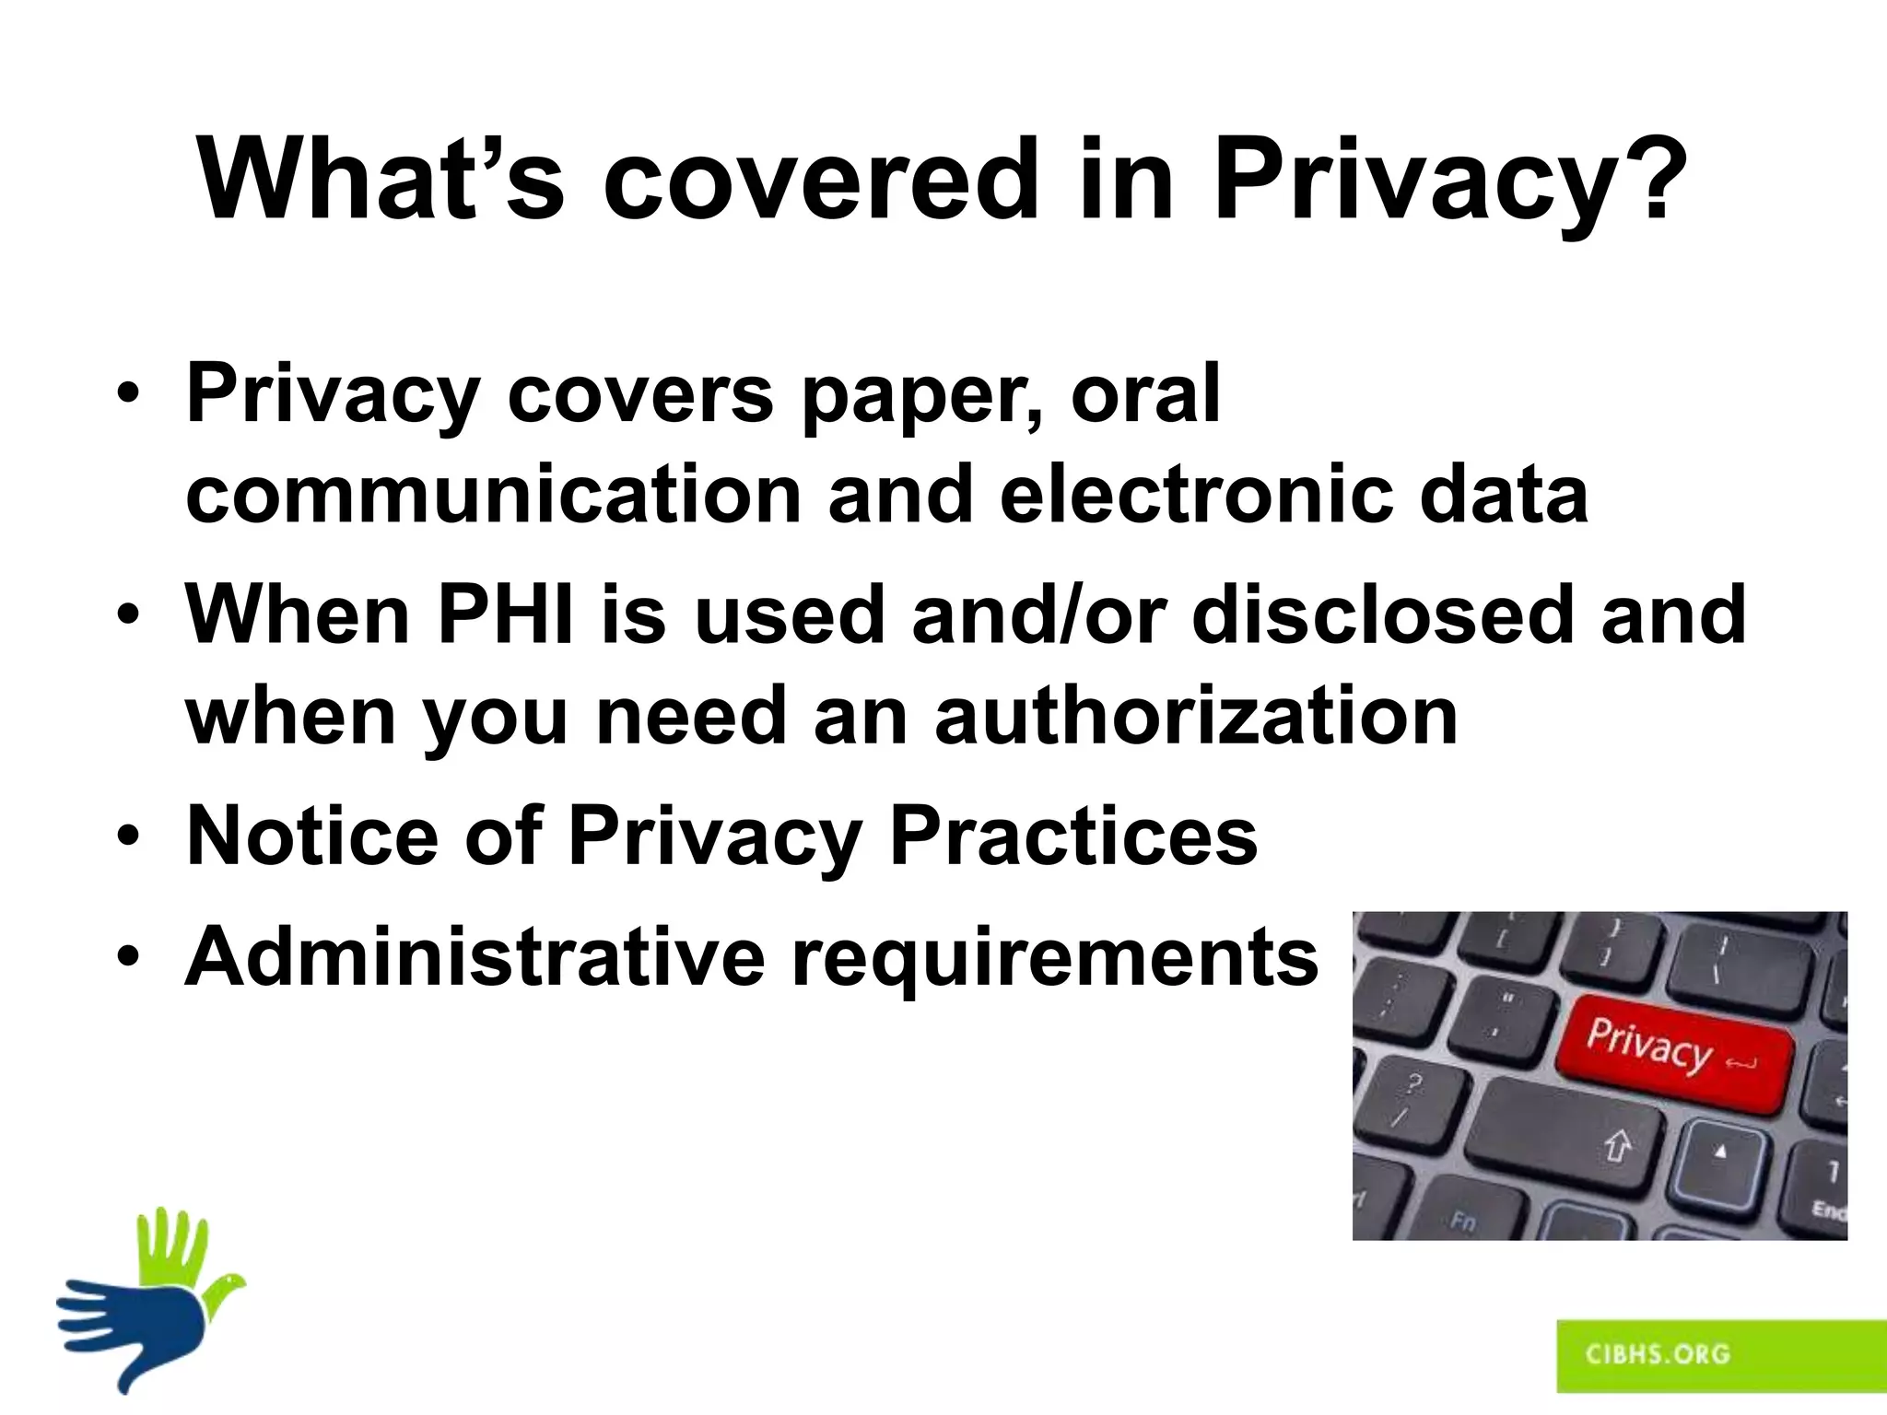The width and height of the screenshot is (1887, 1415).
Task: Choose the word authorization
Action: coord(1196,716)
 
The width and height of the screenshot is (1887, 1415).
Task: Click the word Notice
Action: coord(312,836)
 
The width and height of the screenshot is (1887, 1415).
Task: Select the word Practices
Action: coord(1072,836)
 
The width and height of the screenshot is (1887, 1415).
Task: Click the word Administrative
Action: coord(475,956)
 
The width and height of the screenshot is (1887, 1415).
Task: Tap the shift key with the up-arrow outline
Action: coord(1566,1138)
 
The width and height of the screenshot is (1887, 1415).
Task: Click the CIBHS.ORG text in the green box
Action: coord(1658,1353)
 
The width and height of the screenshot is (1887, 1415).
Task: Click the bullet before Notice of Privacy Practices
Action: coord(128,836)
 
